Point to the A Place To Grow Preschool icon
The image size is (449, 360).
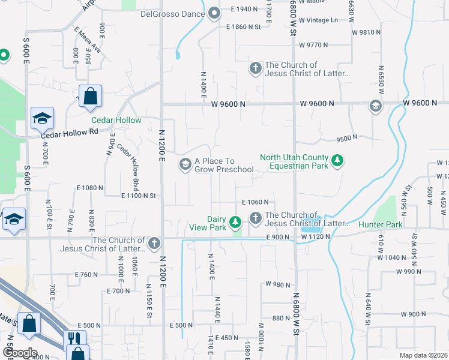click(x=185, y=164)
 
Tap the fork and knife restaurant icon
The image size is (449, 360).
click(x=75, y=338)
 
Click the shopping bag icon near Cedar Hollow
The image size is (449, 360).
click(x=90, y=97)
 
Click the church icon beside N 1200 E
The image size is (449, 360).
click(x=154, y=243)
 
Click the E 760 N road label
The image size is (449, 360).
click(x=86, y=274)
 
